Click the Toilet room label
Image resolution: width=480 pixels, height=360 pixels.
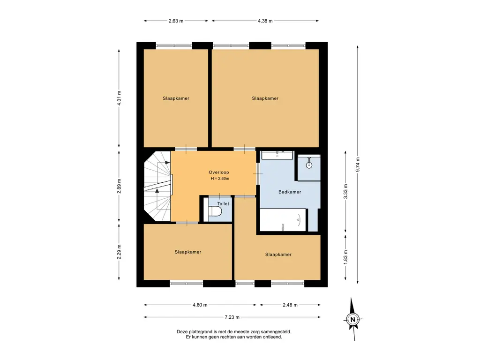pyautogui.click(x=223, y=203)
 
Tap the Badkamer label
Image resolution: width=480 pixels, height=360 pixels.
pyautogui.click(x=290, y=192)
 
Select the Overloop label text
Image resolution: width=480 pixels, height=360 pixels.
pyautogui.click(x=219, y=172)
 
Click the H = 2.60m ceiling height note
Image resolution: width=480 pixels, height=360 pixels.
pyautogui.click(x=220, y=179)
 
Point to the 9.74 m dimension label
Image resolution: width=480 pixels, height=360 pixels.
pyautogui.click(x=358, y=165)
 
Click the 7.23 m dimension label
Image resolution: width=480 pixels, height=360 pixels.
pyautogui.click(x=232, y=317)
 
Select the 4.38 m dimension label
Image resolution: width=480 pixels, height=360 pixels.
pyautogui.click(x=265, y=21)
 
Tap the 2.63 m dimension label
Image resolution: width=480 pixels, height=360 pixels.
pyautogui.click(x=176, y=21)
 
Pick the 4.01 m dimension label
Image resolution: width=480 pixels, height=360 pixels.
pyautogui.click(x=119, y=98)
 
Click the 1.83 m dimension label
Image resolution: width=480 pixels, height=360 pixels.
pyautogui.click(x=345, y=257)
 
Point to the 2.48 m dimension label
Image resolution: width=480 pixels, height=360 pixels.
pyautogui.click(x=290, y=305)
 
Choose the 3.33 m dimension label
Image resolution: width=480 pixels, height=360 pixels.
pyautogui.click(x=345, y=191)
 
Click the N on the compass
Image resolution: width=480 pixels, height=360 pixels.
pyautogui.click(x=352, y=319)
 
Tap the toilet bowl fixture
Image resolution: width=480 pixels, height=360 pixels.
pyautogui.click(x=215, y=211)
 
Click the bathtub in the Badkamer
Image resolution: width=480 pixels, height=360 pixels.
pyautogui.click(x=283, y=220)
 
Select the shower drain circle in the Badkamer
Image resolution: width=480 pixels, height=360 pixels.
pyautogui.click(x=309, y=165)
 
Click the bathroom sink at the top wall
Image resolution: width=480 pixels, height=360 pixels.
pyautogui.click(x=277, y=155)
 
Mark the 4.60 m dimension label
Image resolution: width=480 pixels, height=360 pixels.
pyautogui.click(x=200, y=305)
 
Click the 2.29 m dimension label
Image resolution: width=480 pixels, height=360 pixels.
pyautogui.click(x=119, y=251)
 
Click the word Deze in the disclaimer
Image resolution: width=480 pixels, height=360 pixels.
pyautogui.click(x=182, y=331)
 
